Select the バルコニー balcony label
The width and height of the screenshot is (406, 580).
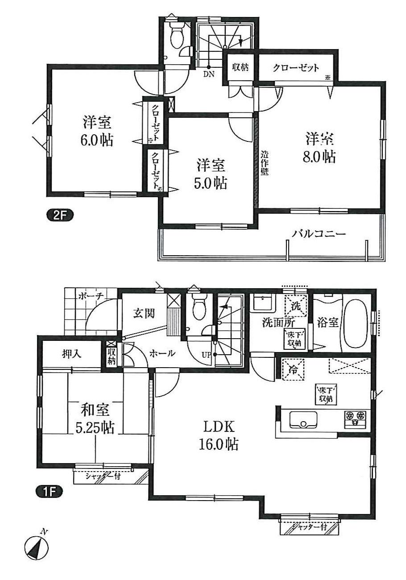(319, 233)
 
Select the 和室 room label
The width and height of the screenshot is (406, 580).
(95, 409)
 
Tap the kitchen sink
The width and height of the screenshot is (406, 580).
(303, 420)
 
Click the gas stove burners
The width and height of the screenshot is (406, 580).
(355, 418)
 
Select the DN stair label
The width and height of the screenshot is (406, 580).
(209, 75)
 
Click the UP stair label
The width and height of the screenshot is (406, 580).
(206, 355)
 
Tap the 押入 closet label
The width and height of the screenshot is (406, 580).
(71, 354)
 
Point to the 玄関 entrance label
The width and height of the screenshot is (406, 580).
(143, 313)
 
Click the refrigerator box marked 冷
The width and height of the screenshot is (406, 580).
(292, 369)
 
